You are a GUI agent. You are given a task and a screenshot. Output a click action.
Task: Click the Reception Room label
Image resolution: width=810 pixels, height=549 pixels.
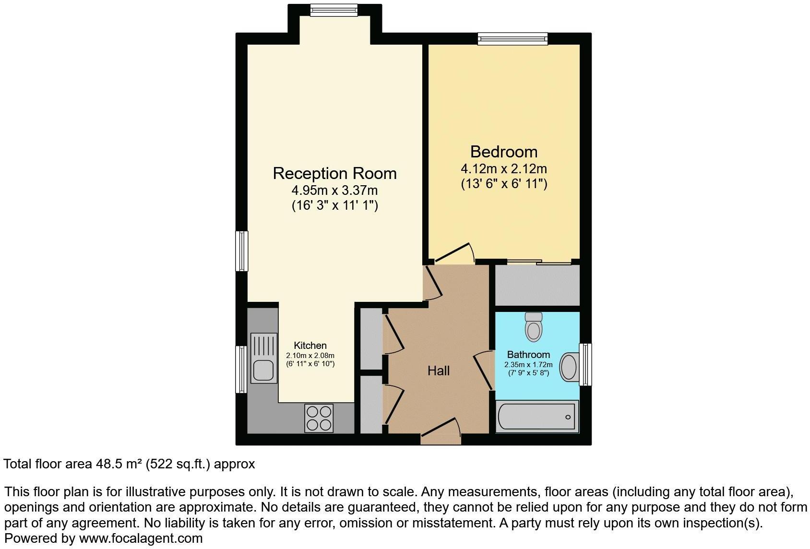coord(334,173)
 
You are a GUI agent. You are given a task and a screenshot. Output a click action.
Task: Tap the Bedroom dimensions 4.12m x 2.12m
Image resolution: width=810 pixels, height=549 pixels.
coord(503,169)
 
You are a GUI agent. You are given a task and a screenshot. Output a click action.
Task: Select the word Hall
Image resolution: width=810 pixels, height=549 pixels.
coord(439,370)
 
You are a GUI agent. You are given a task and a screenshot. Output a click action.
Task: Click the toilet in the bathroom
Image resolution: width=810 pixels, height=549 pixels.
coord(534,327)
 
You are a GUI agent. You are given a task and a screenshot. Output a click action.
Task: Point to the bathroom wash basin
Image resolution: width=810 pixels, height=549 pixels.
coord(570,367)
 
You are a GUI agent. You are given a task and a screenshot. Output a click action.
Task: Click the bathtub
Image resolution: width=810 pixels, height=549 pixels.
coord(536,417)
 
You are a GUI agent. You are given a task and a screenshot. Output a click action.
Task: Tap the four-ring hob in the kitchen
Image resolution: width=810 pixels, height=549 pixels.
coord(319,418)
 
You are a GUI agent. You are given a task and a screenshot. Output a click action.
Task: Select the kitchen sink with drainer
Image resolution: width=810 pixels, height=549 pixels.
coord(263,358)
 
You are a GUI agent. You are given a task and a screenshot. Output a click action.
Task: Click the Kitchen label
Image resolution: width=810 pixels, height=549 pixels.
coord(310,346)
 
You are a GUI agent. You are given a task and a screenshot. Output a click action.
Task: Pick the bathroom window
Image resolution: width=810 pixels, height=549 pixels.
coord(585,364)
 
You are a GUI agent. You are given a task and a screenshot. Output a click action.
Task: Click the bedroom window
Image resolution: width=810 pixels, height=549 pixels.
coord(512,38)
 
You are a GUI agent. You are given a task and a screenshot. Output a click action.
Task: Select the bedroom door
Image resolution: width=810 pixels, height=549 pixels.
coord(454,254)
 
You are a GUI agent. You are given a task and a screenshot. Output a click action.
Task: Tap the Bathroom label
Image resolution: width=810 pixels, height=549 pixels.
coord(528,355)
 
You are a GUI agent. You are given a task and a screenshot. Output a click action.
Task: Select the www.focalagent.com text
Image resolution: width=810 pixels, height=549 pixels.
coord(141,538)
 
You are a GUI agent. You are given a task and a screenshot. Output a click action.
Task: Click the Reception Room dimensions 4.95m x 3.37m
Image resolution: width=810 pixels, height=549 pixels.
coord(334,191)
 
